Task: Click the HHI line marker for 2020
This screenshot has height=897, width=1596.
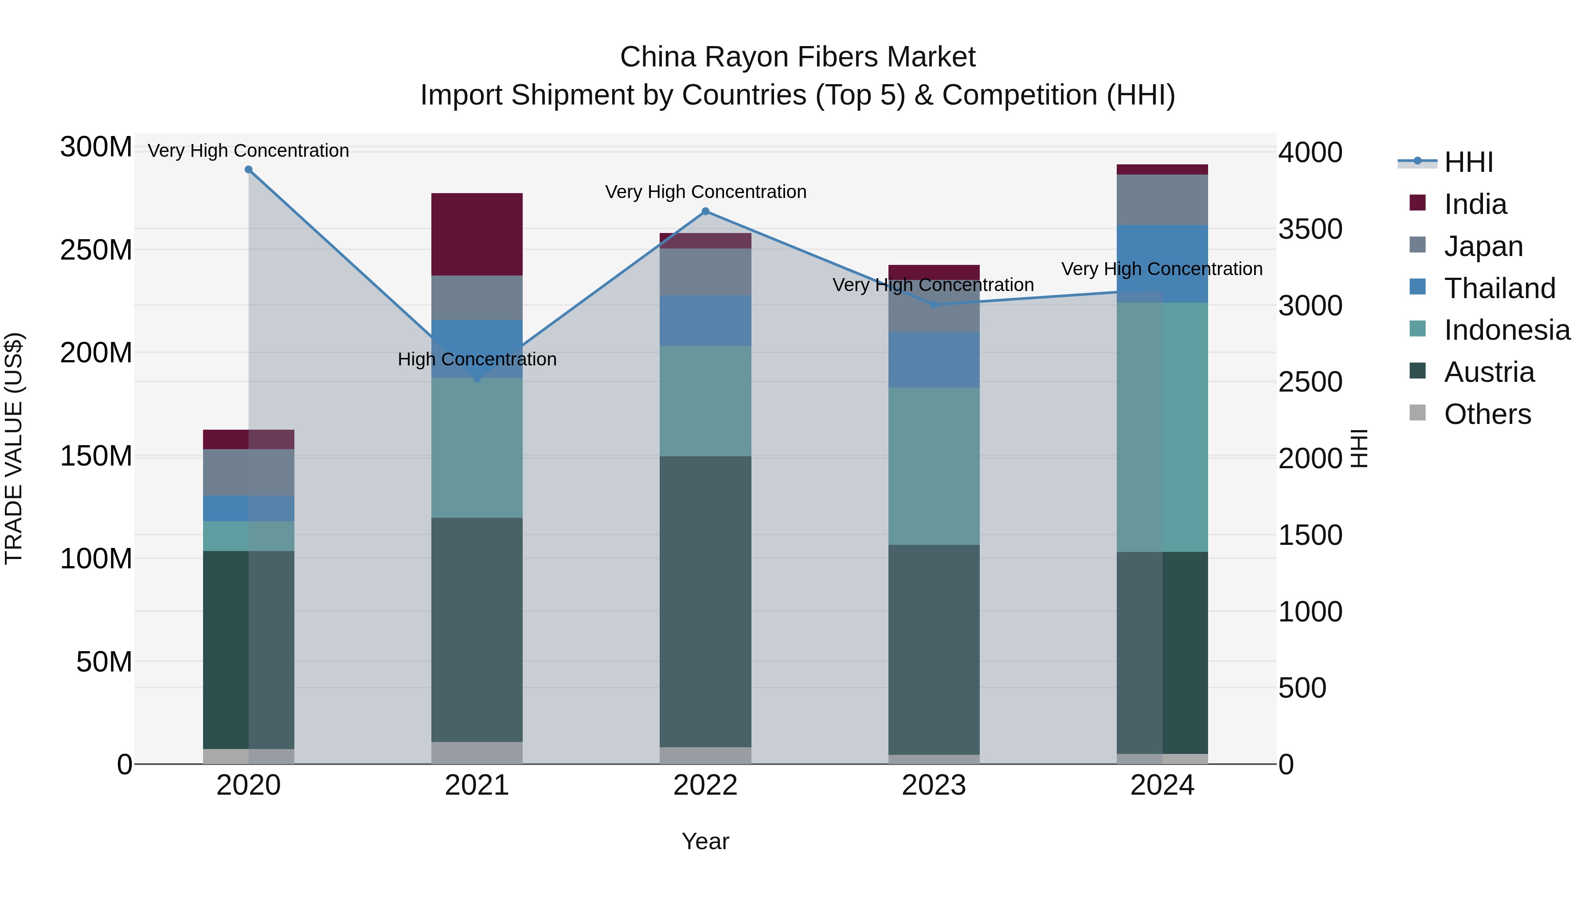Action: (x=248, y=170)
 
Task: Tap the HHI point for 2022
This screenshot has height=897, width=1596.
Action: (x=705, y=212)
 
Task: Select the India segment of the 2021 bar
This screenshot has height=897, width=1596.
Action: (x=477, y=234)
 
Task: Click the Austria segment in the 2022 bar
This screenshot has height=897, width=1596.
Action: (x=705, y=601)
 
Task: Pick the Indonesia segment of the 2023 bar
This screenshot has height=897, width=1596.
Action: (x=934, y=466)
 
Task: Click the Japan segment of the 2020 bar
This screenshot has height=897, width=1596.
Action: (x=248, y=472)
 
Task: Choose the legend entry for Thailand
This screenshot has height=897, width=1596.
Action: (x=1499, y=288)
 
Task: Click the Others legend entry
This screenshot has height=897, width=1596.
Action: (x=1487, y=414)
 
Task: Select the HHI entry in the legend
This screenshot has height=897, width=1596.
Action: (x=1468, y=162)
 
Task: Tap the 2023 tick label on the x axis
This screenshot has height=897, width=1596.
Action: (x=934, y=785)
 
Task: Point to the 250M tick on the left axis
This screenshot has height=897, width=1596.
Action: (x=96, y=250)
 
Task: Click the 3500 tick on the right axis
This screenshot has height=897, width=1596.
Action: (x=1310, y=229)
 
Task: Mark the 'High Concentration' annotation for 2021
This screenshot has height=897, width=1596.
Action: (x=477, y=359)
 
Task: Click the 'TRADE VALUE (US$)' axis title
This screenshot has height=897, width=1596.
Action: (x=14, y=448)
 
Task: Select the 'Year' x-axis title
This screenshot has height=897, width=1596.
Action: (x=705, y=841)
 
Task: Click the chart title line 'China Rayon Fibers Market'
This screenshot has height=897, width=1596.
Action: (x=798, y=57)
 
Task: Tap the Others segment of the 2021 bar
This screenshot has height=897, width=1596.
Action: (x=477, y=752)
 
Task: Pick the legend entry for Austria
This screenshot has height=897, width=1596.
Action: (x=1489, y=372)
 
